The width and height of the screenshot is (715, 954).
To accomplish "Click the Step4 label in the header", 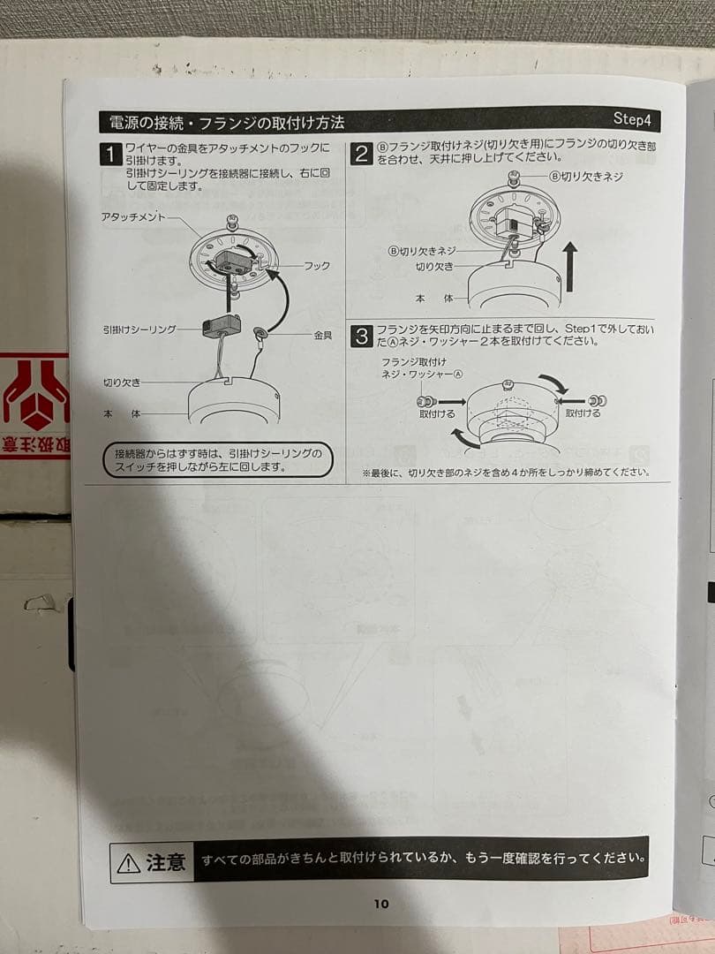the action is [632, 118].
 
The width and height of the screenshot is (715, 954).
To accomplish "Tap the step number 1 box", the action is [110, 155].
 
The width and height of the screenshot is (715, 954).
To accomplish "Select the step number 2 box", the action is [361, 154].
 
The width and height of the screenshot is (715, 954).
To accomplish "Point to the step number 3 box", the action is [362, 337].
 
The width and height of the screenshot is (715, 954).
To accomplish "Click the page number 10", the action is [381, 904].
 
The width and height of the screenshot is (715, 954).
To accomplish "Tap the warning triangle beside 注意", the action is [128, 863].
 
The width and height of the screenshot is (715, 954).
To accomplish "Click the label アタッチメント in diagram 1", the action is [133, 217].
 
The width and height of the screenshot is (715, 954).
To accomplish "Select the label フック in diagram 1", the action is [317, 266].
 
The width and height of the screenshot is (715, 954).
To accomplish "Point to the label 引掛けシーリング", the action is [139, 329].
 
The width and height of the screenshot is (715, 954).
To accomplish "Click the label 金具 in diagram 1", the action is [323, 335].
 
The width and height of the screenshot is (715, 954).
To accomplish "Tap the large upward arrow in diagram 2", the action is [569, 267].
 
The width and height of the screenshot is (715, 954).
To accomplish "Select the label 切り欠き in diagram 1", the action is [122, 382].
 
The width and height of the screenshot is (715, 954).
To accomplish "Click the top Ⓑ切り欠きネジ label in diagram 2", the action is [586, 177].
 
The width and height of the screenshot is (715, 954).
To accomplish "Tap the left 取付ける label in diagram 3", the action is [437, 413].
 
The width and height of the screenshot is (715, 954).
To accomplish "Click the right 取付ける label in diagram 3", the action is [583, 413].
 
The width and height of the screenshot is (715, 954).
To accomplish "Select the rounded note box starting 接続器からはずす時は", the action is [218, 459].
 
